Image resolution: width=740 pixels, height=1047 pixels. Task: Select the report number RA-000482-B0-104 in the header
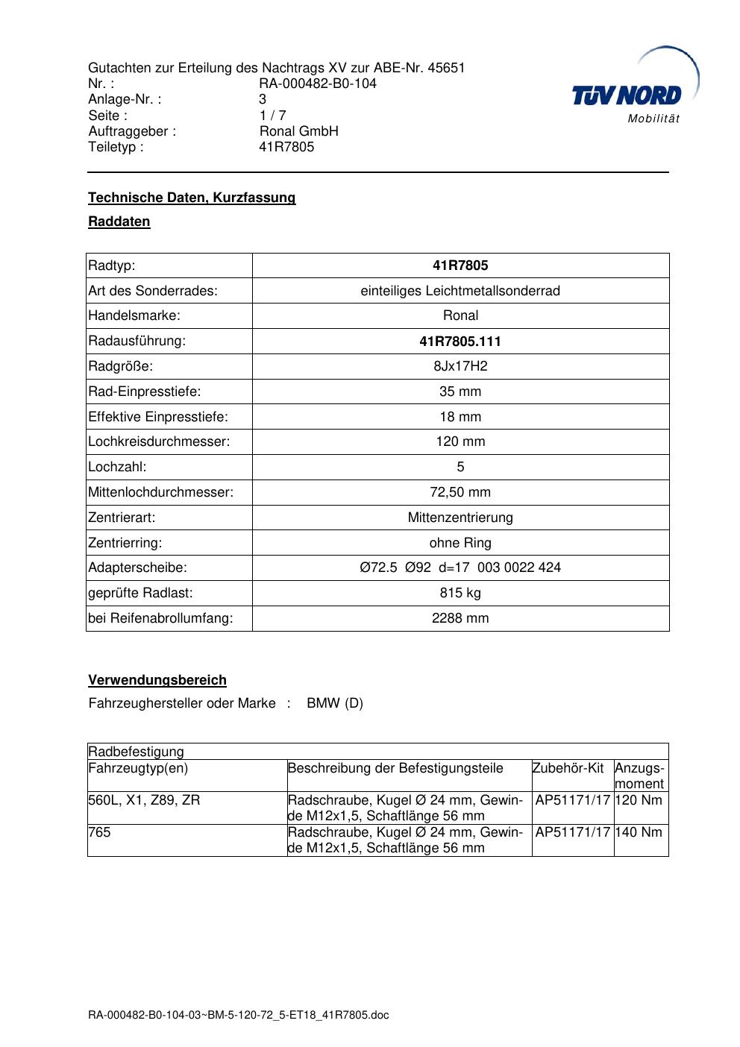318,84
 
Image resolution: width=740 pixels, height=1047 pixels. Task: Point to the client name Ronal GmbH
298,131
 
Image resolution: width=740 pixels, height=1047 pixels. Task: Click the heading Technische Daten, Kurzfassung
192,198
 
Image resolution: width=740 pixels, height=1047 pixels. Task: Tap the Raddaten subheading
119,221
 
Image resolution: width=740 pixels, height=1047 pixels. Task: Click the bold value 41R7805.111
460,342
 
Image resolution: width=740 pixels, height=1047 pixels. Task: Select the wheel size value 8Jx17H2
460,366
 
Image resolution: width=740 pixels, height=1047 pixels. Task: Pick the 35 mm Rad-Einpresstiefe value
460,392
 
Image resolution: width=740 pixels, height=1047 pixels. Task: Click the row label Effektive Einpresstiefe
158,417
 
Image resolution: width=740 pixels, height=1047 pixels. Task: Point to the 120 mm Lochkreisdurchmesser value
460,441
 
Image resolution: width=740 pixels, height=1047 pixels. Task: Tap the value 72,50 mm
460,492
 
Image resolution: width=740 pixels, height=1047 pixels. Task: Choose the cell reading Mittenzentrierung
460,518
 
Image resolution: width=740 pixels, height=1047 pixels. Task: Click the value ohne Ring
460,543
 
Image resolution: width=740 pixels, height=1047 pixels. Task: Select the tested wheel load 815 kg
460,593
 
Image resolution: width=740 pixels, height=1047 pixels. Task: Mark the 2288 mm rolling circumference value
460,618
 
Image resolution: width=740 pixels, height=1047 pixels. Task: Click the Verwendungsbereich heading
157,680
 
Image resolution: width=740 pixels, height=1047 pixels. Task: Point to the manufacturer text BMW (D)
335,703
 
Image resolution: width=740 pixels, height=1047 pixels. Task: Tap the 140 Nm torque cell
639,832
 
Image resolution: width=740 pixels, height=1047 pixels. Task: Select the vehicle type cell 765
99,832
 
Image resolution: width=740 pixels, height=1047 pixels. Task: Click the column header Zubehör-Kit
568,768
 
